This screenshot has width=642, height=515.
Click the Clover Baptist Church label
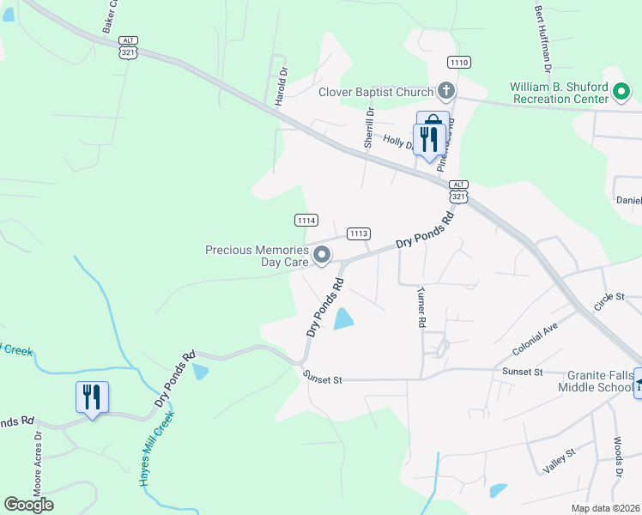click(x=376, y=93)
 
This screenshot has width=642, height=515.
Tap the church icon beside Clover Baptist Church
click(x=445, y=90)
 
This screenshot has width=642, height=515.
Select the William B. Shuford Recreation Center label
click(x=559, y=93)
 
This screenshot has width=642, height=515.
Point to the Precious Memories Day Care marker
click(x=323, y=254)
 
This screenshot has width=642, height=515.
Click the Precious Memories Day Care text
click(x=257, y=256)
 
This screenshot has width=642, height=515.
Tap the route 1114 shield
click(x=307, y=221)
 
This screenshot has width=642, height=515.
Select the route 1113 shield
click(x=359, y=233)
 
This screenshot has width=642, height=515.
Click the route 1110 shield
click(x=459, y=63)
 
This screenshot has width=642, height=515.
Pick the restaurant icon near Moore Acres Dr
click(x=92, y=397)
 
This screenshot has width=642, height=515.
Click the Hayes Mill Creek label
click(x=156, y=448)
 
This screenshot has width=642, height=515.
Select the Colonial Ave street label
click(x=536, y=338)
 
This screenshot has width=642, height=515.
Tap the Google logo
click(x=29, y=504)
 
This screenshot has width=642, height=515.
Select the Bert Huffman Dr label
click(x=542, y=38)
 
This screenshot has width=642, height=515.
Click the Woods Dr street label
click(x=617, y=459)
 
